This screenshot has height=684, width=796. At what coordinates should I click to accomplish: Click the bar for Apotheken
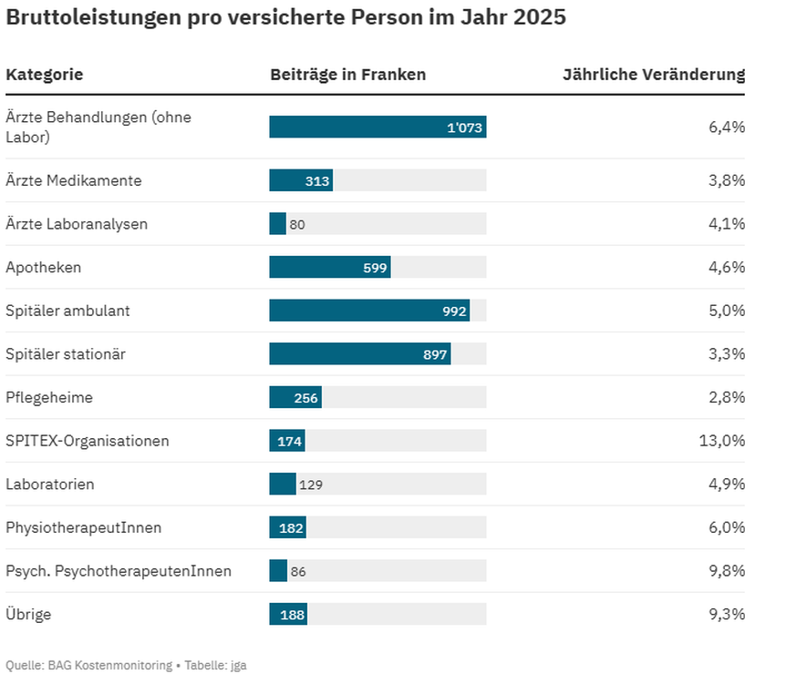[329, 267]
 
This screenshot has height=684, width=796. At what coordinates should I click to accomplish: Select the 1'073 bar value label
[464, 128]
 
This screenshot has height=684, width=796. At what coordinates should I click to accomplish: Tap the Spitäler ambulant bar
[368, 311]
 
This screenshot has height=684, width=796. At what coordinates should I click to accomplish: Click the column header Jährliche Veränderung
[654, 75]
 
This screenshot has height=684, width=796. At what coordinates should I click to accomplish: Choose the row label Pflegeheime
[49, 398]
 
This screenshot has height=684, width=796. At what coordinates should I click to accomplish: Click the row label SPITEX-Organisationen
[88, 441]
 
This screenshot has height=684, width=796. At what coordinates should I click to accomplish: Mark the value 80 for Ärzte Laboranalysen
[297, 224]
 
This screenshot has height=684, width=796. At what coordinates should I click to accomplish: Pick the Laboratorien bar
[282, 485]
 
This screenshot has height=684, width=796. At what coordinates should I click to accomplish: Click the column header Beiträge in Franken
[347, 75]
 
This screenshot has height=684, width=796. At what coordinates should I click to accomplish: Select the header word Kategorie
[45, 75]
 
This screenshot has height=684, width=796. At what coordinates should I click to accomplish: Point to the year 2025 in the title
[536, 17]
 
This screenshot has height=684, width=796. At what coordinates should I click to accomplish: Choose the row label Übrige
[28, 615]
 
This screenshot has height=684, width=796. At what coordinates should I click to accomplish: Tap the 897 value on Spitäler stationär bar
[435, 354]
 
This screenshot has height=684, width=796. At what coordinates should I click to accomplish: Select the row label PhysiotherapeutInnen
[84, 528]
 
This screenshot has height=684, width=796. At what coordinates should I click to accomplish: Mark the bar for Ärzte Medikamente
[300, 180]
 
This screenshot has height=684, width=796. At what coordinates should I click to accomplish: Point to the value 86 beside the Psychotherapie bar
[298, 572]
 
